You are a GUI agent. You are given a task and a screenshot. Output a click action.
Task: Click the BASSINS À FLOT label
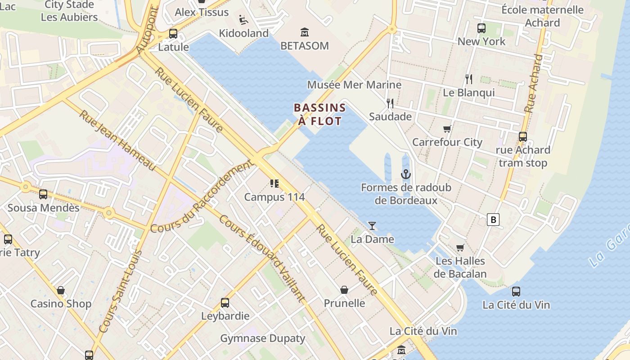pos(319,114)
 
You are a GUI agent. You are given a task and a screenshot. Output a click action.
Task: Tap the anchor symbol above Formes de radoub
pos(406,174)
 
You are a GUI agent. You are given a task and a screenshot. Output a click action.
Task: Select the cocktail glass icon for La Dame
pos(372,225)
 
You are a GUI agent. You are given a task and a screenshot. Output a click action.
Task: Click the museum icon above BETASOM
pos(305,32)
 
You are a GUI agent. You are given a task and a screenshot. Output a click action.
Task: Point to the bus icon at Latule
pos(173,34)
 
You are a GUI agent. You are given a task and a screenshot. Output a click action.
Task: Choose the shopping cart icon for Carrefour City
pos(447,129)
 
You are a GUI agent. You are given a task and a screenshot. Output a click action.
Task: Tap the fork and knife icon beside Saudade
pos(390,103)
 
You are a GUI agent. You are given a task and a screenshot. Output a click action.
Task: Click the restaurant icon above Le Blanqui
pos(469,79)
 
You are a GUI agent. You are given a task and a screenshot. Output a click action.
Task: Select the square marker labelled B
pos(494,220)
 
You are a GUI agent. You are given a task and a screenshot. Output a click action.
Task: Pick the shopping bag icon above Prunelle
pos(344,290)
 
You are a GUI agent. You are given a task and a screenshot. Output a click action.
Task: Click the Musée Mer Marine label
pos(354,85)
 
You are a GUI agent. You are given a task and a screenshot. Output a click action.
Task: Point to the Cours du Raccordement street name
pos(201,197)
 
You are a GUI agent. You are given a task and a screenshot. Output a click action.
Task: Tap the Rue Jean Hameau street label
pos(117,140)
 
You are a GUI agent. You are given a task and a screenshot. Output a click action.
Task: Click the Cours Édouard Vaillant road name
pos(262,259)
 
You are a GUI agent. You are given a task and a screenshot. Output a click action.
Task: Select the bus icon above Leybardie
pos(225,303)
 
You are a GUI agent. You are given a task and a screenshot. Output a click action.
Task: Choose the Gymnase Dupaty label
pos(262,338)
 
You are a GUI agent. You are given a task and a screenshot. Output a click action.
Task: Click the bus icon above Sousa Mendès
pos(43,194)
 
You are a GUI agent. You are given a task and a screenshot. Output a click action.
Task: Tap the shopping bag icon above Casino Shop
pos(61,290)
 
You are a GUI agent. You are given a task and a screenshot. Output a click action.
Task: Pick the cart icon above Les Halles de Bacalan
pos(460,247)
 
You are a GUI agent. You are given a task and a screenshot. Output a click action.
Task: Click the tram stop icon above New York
pos(481,28)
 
